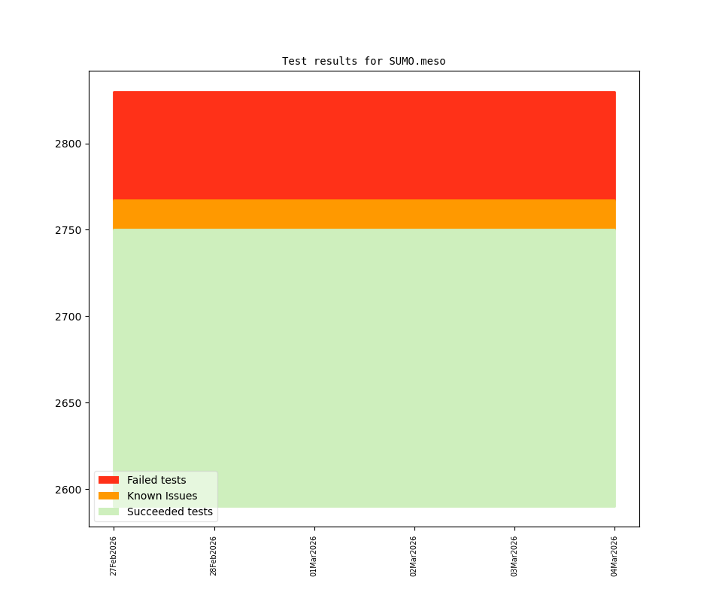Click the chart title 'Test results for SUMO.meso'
[x=363, y=61]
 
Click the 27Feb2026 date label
[x=114, y=556]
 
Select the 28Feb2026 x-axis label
[x=214, y=556]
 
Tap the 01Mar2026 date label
[x=314, y=556]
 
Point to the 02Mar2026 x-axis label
[x=414, y=556]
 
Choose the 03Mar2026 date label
[x=514, y=556]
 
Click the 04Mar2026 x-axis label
[x=614, y=556]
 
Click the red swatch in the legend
[x=108, y=480]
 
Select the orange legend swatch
[x=108, y=496]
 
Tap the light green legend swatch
[x=108, y=512]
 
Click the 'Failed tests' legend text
[x=156, y=480]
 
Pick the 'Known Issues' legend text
[x=162, y=496]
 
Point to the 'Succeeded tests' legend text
[x=170, y=512]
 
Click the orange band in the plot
[x=364, y=214]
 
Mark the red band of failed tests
[x=364, y=145]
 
